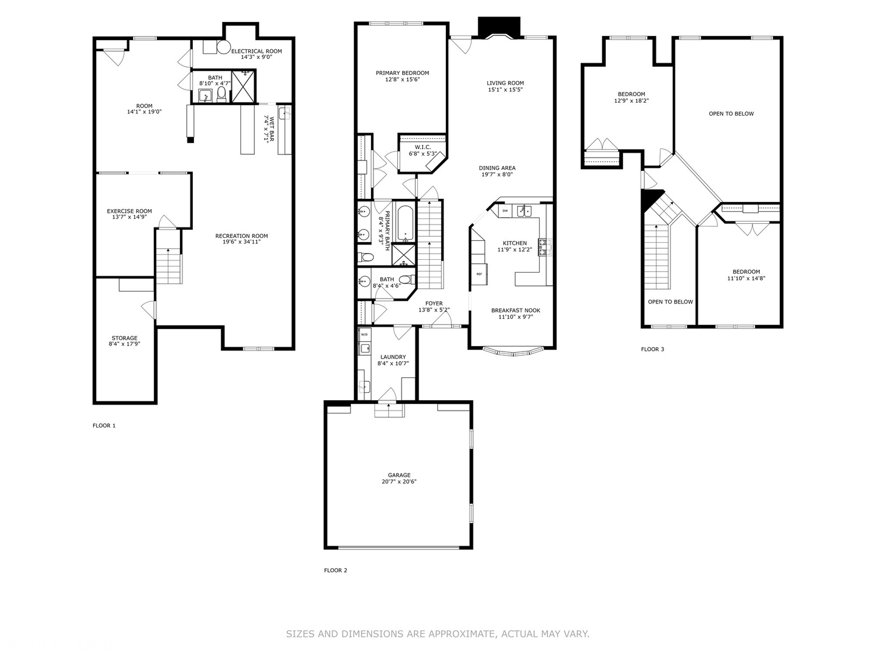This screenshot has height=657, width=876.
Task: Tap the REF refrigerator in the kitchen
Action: pyautogui.click(x=479, y=274)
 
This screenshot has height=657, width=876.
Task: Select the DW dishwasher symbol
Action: pyautogui.click(x=506, y=210)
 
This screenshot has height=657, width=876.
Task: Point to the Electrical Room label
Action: pyautogui.click(x=257, y=51)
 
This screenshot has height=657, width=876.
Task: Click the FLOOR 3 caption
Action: pyautogui.click(x=653, y=349)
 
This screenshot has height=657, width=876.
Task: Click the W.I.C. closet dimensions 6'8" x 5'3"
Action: pyautogui.click(x=423, y=153)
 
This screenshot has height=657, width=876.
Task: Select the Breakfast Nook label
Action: pyautogui.click(x=516, y=310)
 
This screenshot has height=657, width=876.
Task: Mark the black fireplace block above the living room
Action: pyautogui.click(x=499, y=27)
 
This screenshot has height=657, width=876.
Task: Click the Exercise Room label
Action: pyautogui.click(x=130, y=211)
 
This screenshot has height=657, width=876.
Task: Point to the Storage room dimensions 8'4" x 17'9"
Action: pyautogui.click(x=125, y=344)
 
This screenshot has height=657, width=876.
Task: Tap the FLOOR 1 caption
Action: pyautogui.click(x=104, y=426)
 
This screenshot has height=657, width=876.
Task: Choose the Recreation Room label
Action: pyautogui.click(x=242, y=236)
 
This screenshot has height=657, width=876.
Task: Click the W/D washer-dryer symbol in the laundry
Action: pyautogui.click(x=364, y=335)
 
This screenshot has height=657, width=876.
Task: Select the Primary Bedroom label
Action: pyautogui.click(x=402, y=73)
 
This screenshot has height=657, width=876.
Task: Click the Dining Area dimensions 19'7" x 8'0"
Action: pyautogui.click(x=497, y=175)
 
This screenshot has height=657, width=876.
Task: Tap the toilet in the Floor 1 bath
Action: pyautogui.click(x=221, y=94)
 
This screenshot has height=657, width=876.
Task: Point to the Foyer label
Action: pyautogui.click(x=434, y=304)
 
